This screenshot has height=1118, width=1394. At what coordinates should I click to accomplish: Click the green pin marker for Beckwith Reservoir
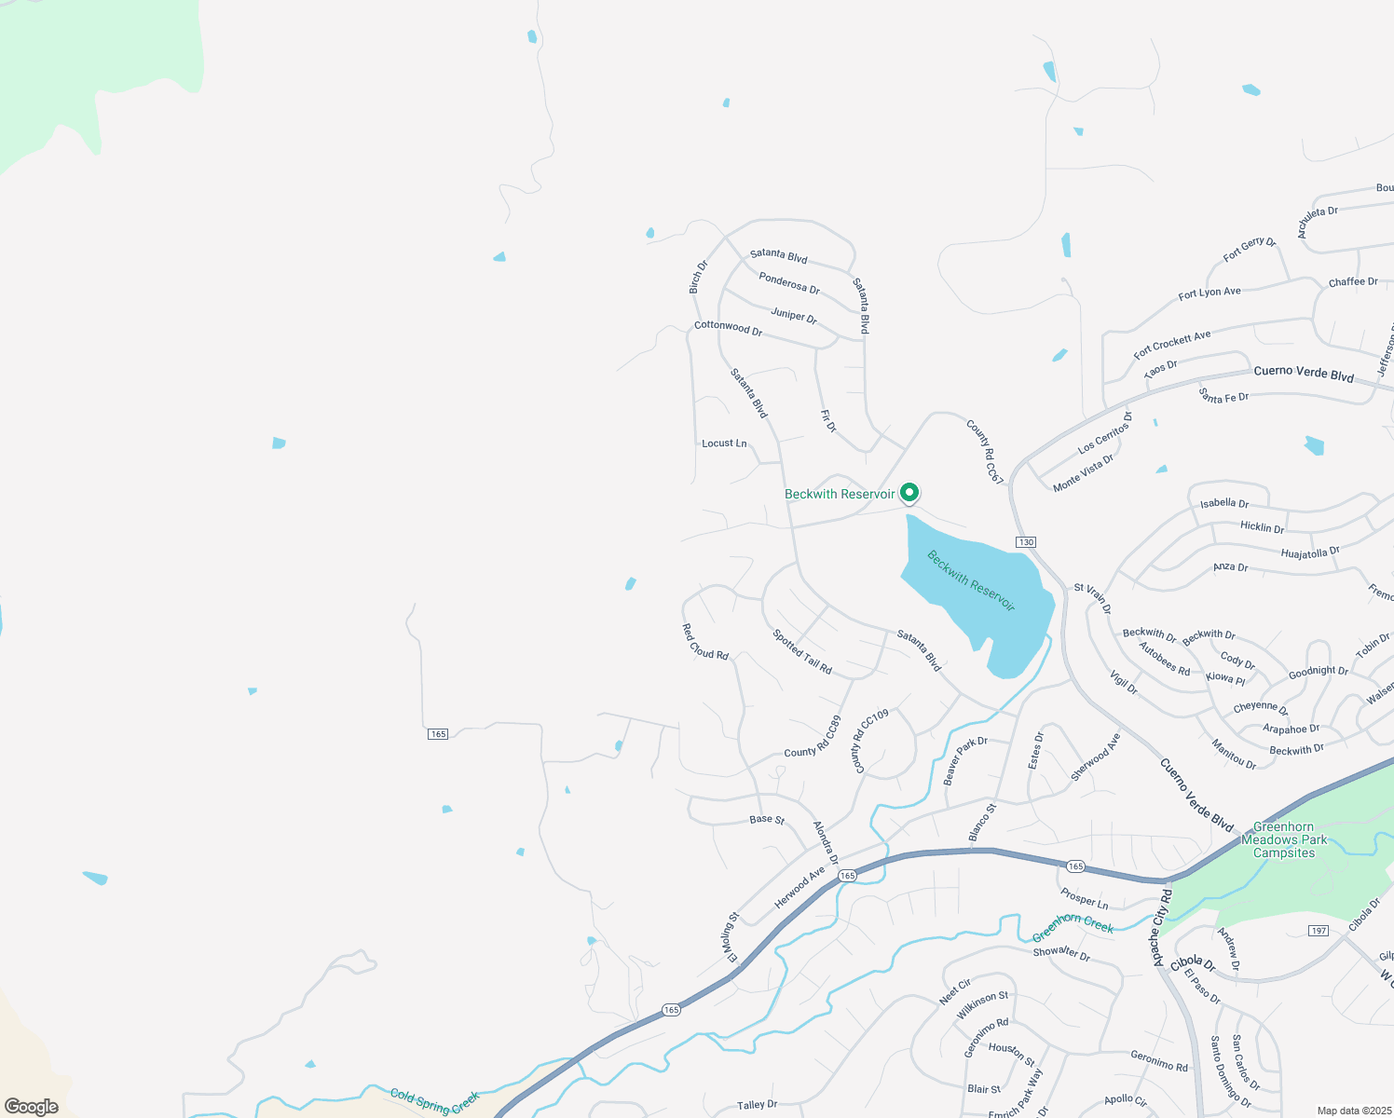[x=909, y=493]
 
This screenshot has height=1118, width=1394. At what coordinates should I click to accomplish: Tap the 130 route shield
[x=1025, y=542]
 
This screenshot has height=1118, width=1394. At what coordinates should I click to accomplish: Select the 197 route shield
[x=1319, y=931]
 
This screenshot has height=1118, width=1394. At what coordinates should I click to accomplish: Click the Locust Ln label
[x=724, y=443]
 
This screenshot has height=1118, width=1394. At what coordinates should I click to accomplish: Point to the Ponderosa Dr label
[x=789, y=283]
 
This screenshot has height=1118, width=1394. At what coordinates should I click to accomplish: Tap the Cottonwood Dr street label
[x=728, y=328]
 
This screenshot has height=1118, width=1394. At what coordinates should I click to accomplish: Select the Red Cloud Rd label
[x=705, y=643]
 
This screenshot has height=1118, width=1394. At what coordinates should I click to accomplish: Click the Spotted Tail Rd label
[x=802, y=652]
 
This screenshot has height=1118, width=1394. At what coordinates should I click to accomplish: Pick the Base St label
[x=767, y=820]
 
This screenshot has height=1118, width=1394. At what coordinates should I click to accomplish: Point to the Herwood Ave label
[x=799, y=888]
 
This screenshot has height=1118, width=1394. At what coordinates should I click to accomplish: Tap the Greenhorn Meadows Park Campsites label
[x=1283, y=839]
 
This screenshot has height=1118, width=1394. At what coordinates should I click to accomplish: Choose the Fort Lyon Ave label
[x=1209, y=293]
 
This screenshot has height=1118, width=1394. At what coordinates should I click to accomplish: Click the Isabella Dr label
[x=1224, y=503]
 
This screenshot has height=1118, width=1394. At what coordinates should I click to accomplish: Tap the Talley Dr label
[x=757, y=1105]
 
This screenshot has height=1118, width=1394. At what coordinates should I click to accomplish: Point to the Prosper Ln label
[x=1085, y=898]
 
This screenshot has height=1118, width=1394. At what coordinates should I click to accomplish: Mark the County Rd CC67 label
[x=985, y=452]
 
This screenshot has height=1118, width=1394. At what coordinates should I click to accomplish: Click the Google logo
[x=32, y=1107]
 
